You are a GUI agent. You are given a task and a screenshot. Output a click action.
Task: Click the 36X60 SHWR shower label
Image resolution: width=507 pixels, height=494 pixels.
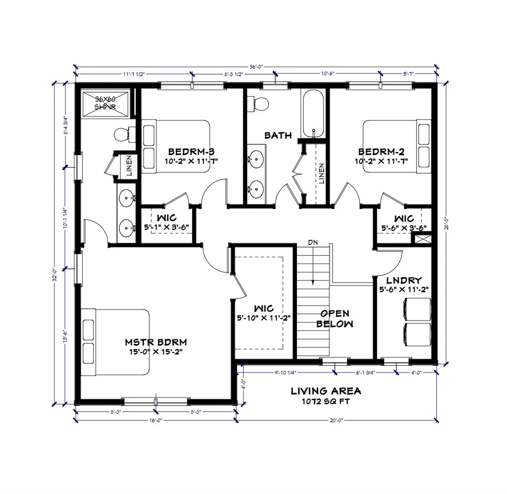pos(105,103)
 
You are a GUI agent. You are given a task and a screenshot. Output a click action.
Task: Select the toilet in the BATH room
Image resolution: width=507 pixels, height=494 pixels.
pos(259,104)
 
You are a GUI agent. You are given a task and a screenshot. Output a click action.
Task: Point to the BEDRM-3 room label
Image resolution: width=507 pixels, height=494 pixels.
pos(191,152)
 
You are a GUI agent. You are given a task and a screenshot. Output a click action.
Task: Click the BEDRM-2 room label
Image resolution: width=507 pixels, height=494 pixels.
pos(381,152)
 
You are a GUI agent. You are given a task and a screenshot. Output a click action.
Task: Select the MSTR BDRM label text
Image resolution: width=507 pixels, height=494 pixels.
pos(156,342)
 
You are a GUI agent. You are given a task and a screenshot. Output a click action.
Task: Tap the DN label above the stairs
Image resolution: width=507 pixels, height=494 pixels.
pos(313,242)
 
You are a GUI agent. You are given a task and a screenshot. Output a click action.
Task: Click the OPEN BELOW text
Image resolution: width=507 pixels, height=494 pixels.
pos(335,318)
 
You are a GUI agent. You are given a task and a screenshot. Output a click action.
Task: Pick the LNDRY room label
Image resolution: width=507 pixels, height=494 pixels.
pos(404,280)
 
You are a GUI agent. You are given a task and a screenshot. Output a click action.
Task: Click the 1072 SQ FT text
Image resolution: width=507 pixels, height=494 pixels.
pos(326,401)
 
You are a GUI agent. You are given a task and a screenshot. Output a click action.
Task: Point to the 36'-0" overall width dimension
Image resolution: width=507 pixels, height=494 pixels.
pos(256,67)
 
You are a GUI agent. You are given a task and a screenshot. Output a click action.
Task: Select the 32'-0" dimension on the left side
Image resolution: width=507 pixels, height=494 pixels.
pos(55,275)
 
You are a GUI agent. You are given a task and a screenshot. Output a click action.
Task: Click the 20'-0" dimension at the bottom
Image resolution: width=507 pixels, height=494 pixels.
pos(336,420)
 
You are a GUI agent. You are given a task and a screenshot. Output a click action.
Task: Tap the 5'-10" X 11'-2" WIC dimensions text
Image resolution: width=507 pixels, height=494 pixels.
pos(264,318)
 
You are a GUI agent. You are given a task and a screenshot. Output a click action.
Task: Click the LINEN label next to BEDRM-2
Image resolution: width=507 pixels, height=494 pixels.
pos(321,173)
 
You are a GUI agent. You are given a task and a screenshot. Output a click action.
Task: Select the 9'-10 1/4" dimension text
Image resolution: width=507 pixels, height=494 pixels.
pos(285,373)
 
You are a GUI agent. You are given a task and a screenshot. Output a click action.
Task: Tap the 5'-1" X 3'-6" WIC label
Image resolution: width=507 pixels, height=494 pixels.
pos(166,227)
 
